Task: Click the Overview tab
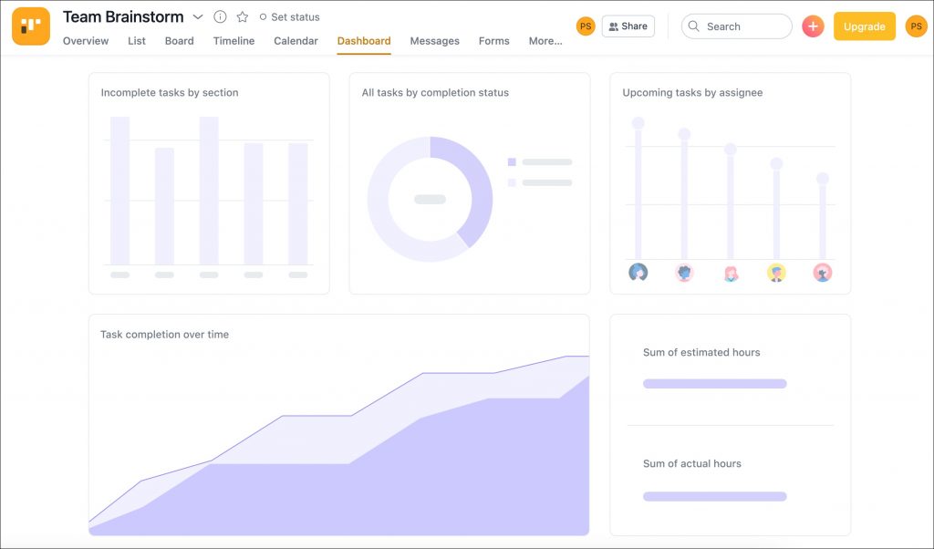pyautogui.click(x=86, y=41)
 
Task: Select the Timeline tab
pyautogui.click(x=234, y=41)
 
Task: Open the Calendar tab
pyautogui.click(x=296, y=41)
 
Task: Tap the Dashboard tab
pyautogui.click(x=364, y=41)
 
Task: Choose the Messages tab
pyautogui.click(x=435, y=41)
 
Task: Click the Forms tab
pyautogui.click(x=494, y=41)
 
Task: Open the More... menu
pyautogui.click(x=545, y=41)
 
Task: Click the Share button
pyautogui.click(x=628, y=26)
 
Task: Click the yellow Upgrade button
pyautogui.click(x=865, y=26)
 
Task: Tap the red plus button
pyautogui.click(x=813, y=26)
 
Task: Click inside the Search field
pyautogui.click(x=737, y=26)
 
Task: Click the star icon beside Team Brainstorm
pyautogui.click(x=243, y=17)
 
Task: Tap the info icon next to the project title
pyautogui.click(x=221, y=17)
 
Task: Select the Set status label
pyautogui.click(x=296, y=17)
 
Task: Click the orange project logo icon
pyautogui.click(x=31, y=26)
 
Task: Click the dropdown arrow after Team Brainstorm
pyautogui.click(x=198, y=17)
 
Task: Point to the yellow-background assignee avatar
pyautogui.click(x=776, y=273)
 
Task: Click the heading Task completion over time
pyautogui.click(x=164, y=335)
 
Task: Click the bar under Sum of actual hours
pyautogui.click(x=715, y=497)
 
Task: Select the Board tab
pyautogui.click(x=180, y=41)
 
